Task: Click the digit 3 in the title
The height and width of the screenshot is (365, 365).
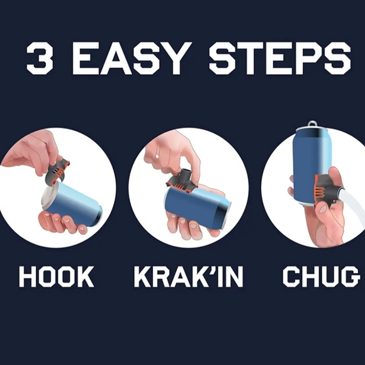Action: coord(39,58)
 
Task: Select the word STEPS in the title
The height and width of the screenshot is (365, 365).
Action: coord(280,58)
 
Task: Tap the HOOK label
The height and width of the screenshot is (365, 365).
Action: coord(57,277)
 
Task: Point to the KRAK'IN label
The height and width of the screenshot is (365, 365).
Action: coord(189,277)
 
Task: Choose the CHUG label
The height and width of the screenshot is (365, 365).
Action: coord(321,277)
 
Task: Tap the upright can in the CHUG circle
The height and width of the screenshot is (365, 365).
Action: coord(312,166)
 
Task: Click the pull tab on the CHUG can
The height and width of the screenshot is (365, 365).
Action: coord(312,125)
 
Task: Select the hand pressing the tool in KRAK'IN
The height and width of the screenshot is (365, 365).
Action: coord(172,154)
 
